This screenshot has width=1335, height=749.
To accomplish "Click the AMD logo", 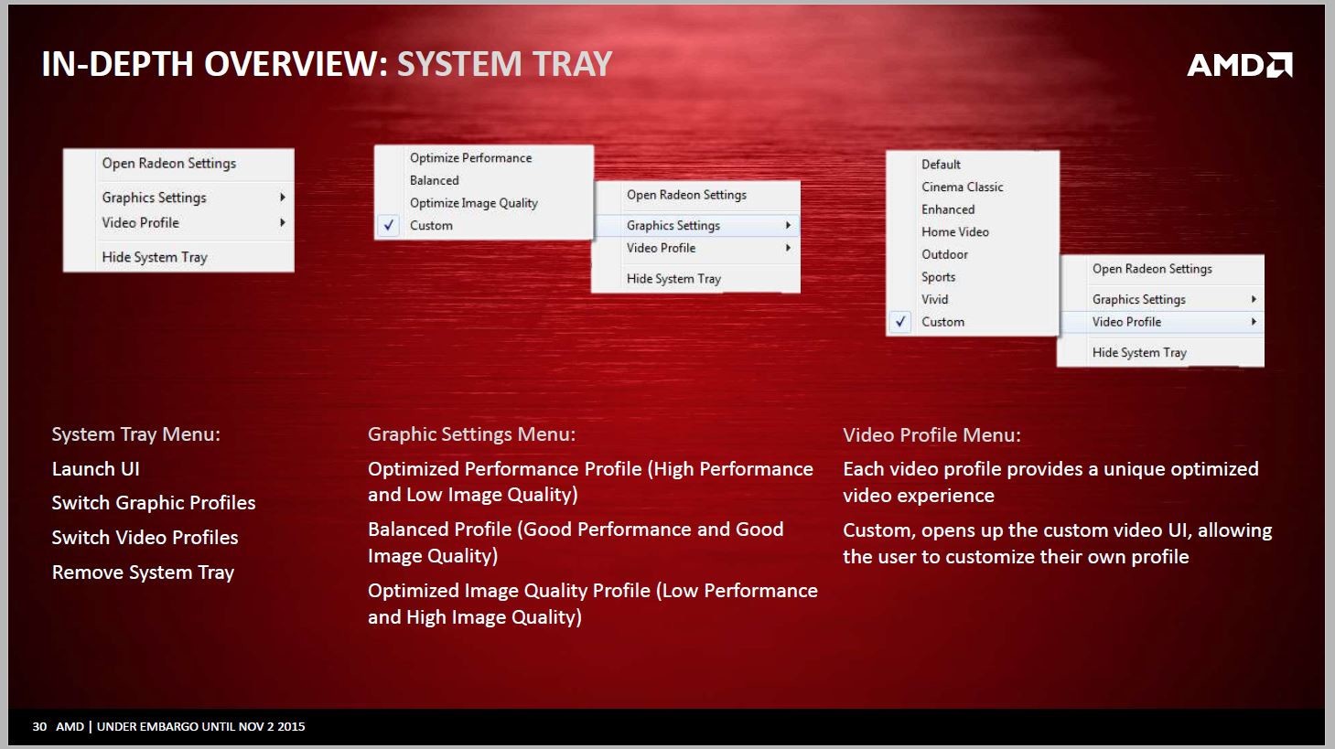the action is [x=1240, y=64].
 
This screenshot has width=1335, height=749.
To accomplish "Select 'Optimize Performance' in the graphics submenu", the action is [x=471, y=158].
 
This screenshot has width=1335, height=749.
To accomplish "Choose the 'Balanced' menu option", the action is [x=435, y=180].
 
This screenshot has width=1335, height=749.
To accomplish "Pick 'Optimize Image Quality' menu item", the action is [x=474, y=203].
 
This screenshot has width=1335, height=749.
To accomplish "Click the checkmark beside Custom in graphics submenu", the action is [x=389, y=225].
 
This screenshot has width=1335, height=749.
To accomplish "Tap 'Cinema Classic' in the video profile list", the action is [x=963, y=187].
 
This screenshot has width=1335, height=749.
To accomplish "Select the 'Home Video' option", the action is [x=955, y=231].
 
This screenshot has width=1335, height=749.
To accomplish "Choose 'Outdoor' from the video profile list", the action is [x=944, y=254].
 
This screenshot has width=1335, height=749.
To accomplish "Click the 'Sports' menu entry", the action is [x=939, y=277].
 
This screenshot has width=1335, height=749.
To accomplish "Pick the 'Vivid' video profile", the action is [x=934, y=299].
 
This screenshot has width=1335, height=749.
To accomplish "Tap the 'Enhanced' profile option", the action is [x=948, y=209].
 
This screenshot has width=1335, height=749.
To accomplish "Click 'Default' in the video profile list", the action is [x=941, y=165].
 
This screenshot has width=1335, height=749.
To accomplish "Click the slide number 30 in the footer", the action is [x=39, y=726].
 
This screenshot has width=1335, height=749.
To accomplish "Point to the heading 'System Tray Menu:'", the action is [x=136, y=434].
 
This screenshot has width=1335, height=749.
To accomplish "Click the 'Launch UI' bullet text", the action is [x=96, y=469].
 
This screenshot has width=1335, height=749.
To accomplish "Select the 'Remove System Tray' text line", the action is [x=143, y=572].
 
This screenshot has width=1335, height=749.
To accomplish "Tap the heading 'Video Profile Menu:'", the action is [x=931, y=435].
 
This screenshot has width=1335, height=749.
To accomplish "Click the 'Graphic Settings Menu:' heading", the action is [x=471, y=434].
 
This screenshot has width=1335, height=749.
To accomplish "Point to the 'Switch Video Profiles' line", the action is [x=145, y=538].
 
